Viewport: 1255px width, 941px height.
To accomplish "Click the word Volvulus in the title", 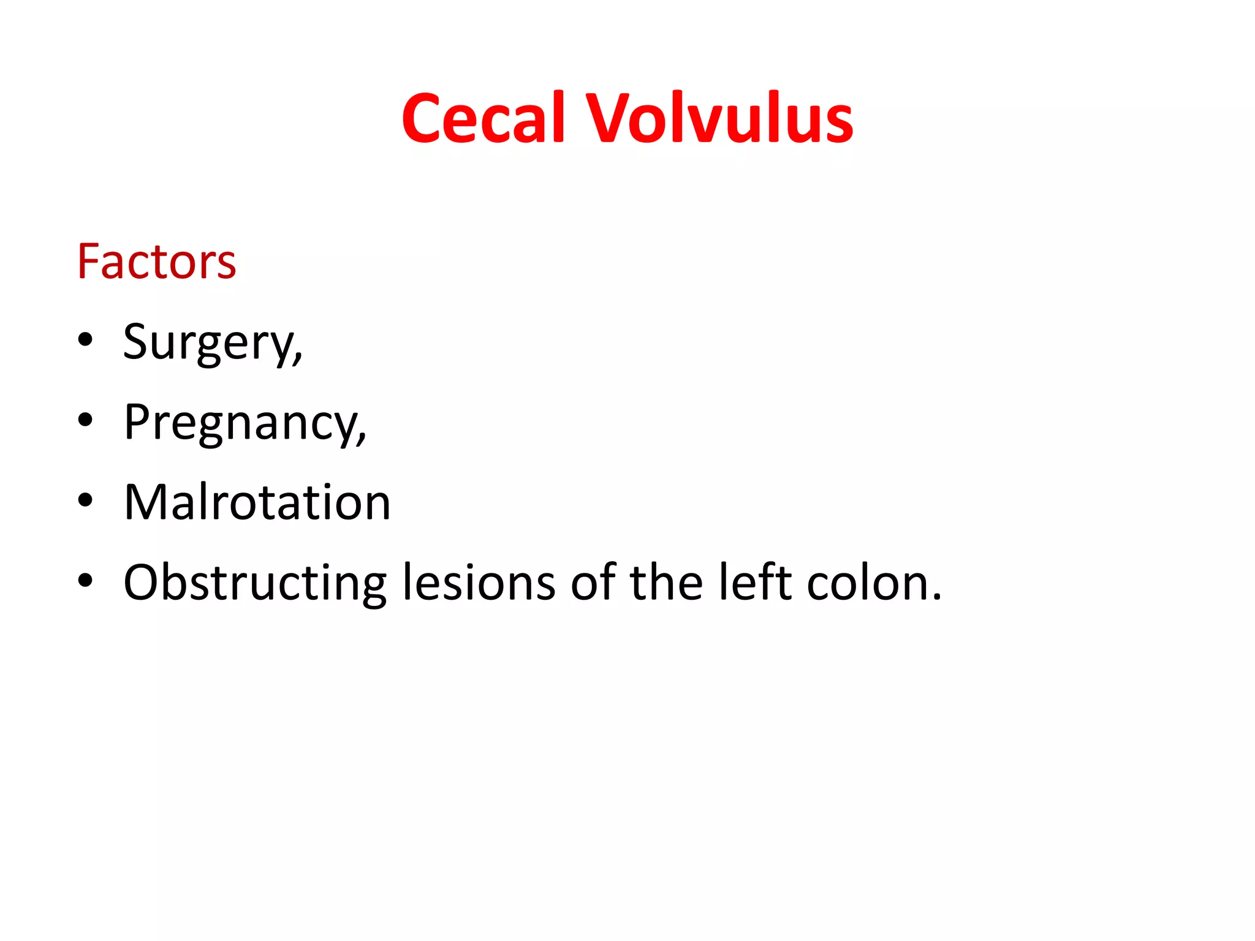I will (x=720, y=118).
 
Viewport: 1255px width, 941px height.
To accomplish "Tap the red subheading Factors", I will (x=156, y=262).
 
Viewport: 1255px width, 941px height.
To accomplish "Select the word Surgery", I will (x=208, y=343).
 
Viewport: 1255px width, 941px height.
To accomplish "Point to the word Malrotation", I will (x=257, y=502).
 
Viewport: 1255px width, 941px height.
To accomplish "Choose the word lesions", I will (x=479, y=582).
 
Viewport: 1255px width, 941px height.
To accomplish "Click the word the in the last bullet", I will (x=666, y=582).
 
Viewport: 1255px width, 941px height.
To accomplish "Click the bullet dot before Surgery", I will (x=85, y=339).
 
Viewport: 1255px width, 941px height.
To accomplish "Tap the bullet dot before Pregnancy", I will (x=85, y=420).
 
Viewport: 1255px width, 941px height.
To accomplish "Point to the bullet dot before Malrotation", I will (x=85, y=500).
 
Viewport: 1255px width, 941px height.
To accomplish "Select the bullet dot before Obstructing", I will (x=85, y=580).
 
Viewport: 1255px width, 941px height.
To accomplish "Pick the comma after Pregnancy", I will (x=362, y=437).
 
